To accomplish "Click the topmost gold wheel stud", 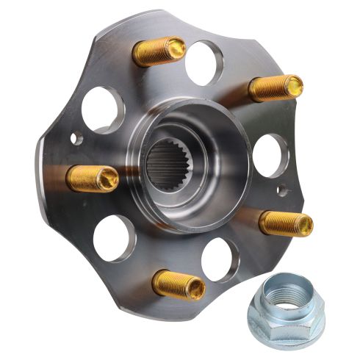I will [158, 51].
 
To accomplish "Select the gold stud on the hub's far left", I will [92, 178].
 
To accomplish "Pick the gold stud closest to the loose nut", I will [285, 222].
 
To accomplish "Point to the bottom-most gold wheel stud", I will [178, 284].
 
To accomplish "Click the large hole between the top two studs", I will [205, 62].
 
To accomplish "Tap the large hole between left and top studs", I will [102, 109].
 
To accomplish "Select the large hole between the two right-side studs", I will [270, 154].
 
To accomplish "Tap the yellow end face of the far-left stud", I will [108, 179].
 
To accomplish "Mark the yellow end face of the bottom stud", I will [195, 289].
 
